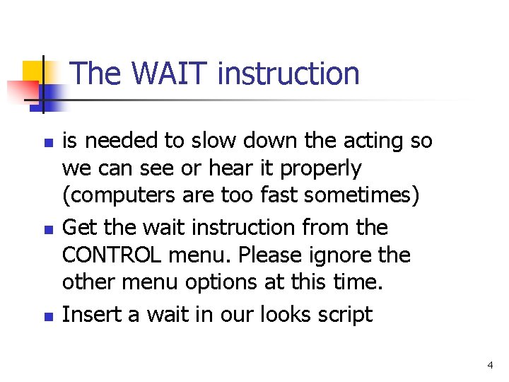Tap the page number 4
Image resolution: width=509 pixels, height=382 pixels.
coord(490,365)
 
